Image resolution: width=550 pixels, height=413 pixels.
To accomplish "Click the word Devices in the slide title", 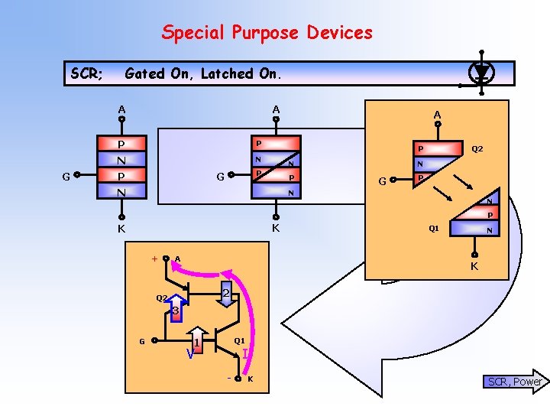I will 339,33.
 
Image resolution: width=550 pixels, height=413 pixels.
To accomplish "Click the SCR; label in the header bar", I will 87,73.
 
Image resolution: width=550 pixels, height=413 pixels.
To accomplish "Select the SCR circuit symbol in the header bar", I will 481,73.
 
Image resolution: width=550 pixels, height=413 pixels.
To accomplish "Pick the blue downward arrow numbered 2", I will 226,294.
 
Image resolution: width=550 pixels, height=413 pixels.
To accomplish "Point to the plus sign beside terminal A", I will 155,259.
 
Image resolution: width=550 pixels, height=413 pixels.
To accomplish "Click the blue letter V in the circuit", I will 189,354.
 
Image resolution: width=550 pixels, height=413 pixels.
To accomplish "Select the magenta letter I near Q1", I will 244,354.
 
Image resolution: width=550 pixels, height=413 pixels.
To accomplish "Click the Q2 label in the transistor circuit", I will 162,298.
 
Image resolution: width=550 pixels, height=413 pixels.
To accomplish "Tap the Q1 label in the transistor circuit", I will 239,340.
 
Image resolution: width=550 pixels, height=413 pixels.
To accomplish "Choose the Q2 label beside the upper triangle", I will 477,149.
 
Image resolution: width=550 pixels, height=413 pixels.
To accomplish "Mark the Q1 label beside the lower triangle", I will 433,228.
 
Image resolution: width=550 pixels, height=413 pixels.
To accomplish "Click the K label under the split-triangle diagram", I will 474,267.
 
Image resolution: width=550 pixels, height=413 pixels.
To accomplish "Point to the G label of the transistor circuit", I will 141,341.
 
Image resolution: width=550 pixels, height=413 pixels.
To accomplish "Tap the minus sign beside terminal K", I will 229,379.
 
